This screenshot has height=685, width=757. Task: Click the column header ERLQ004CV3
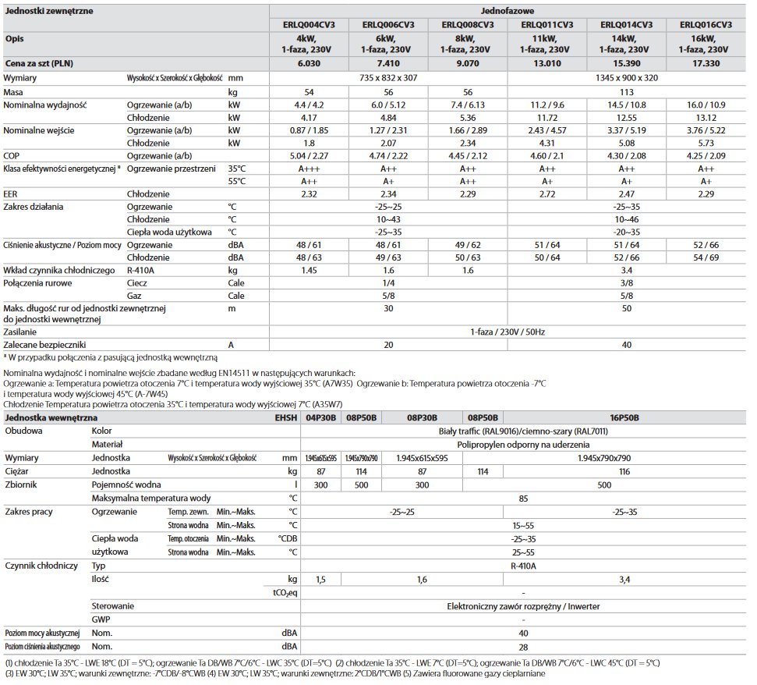click(x=310, y=24)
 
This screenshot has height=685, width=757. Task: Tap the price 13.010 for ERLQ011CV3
click(x=548, y=62)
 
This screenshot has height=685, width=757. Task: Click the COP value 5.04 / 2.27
click(x=310, y=154)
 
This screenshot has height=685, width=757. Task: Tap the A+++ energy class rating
click(x=310, y=168)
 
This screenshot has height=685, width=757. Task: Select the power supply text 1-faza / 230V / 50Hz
click(x=508, y=331)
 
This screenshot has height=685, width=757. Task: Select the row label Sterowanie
click(x=114, y=605)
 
